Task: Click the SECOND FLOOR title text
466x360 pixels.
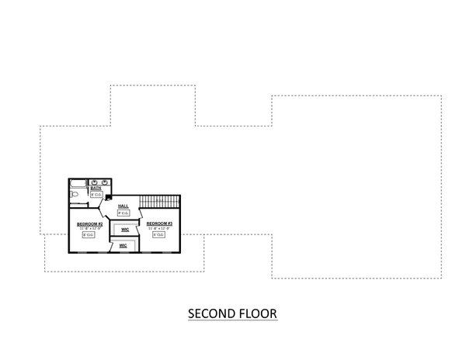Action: click(x=233, y=314)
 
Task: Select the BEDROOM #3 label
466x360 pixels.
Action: click(x=159, y=223)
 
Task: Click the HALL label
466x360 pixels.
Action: click(x=123, y=206)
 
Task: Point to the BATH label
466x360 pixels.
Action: click(x=96, y=188)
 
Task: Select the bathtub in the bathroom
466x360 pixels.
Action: click(x=78, y=184)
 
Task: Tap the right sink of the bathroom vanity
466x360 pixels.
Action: click(x=103, y=182)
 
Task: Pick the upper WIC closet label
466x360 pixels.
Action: click(x=124, y=230)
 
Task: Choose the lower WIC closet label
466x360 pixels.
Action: click(x=123, y=245)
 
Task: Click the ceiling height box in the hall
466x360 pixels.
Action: click(x=123, y=213)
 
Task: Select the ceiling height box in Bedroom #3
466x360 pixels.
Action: click(x=159, y=234)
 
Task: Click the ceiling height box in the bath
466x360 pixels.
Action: click(x=96, y=194)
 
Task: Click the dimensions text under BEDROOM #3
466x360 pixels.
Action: click(x=159, y=228)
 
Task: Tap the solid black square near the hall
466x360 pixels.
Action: click(x=108, y=199)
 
